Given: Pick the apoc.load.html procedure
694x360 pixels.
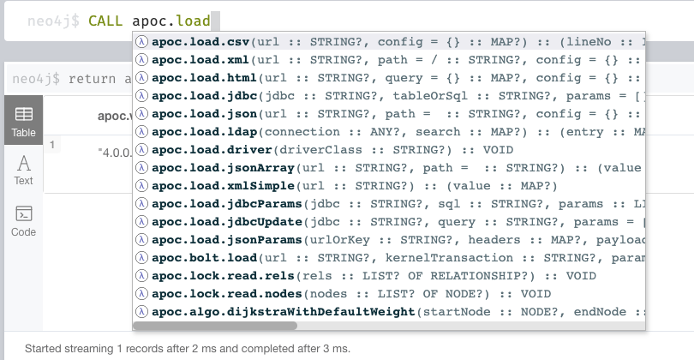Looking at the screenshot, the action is pos(205,77).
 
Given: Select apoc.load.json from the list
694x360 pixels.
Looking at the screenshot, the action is pos(205,113).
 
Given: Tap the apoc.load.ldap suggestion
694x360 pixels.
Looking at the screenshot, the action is pos(205,131).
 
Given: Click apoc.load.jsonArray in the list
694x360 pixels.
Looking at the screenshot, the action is pos(218,167).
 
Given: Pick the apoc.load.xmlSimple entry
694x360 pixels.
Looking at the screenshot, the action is pos(222,185).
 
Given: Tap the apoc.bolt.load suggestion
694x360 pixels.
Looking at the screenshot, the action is pos(205,258).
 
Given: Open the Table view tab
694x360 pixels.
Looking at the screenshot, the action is pos(23,122).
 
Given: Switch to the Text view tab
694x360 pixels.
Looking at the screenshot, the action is pos(23,170).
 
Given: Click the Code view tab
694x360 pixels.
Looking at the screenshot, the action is pos(23,220).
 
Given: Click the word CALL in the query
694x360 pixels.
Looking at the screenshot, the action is pos(108,18).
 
